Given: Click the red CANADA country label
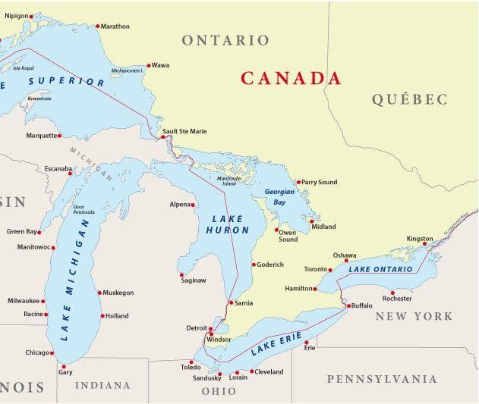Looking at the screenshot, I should (x=291, y=78).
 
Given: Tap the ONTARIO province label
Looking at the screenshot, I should (x=225, y=40).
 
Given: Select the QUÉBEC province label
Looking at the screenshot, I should (x=409, y=99).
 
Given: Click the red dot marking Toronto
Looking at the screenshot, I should (x=330, y=270).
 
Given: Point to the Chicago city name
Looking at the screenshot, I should (x=37, y=352).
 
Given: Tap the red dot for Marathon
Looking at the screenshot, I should (x=97, y=27).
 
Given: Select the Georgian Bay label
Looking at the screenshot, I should (x=279, y=197).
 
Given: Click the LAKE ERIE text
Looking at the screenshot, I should (x=276, y=343).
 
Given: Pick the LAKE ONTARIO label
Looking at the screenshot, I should (x=381, y=269).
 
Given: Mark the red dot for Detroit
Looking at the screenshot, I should (x=210, y=328).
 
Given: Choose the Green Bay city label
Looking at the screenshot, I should (x=21, y=231).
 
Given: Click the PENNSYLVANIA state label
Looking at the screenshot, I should (x=382, y=379).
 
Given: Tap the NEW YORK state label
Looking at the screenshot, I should (x=414, y=316).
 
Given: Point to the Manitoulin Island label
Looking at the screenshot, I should (x=228, y=180).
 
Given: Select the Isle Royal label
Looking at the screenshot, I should (x=24, y=68).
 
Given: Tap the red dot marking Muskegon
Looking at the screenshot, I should (x=99, y=293).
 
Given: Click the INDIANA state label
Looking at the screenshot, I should (x=102, y=385).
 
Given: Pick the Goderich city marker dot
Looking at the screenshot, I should (x=254, y=265).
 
